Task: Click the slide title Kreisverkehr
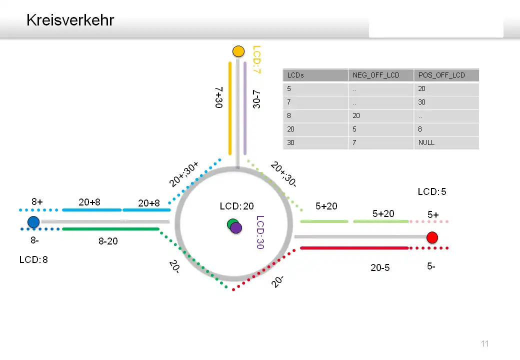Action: (x=70, y=20)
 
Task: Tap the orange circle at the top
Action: (x=238, y=51)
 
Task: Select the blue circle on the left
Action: (x=33, y=222)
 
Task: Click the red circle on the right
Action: (x=432, y=237)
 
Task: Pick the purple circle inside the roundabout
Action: (x=236, y=227)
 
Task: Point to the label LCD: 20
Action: (x=236, y=206)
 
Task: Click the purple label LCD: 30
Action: (x=259, y=232)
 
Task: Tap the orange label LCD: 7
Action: (x=256, y=60)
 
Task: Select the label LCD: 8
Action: (x=33, y=259)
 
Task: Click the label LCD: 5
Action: (x=432, y=191)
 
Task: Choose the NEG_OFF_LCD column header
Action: (x=376, y=75)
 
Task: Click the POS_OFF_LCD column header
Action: (x=441, y=75)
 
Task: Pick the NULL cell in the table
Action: (x=426, y=142)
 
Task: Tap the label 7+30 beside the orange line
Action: (x=218, y=97)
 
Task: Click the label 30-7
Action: (x=256, y=98)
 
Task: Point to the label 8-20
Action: (x=108, y=241)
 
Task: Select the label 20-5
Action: (x=380, y=267)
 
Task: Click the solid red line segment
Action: (x=354, y=247)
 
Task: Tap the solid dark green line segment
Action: (x=110, y=229)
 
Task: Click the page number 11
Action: (x=484, y=343)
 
